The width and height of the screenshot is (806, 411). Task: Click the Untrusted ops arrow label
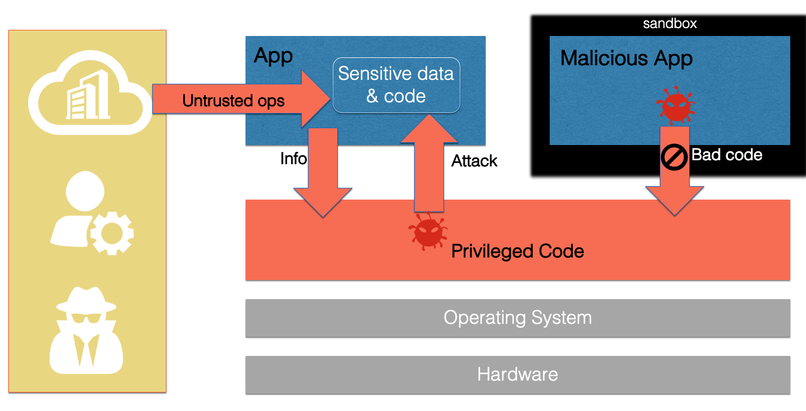[x=233, y=101]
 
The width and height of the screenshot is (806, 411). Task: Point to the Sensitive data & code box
[x=396, y=85]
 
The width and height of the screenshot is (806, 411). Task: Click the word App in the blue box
[x=273, y=56]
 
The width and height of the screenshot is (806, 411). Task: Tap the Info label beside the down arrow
[x=293, y=159]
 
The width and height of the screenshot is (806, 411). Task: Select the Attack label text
[x=474, y=161]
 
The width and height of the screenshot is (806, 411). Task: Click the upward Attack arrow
[x=429, y=163]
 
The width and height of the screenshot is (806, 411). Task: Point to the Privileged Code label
[x=518, y=251]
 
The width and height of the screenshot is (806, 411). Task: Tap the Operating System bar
[x=518, y=318]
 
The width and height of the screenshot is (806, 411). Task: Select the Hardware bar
[x=518, y=374]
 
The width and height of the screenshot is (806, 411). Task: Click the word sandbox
[x=669, y=24]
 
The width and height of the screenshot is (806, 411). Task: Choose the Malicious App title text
[x=626, y=58]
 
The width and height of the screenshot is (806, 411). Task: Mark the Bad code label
[x=727, y=155]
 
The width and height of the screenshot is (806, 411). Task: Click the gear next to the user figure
[x=112, y=232]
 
